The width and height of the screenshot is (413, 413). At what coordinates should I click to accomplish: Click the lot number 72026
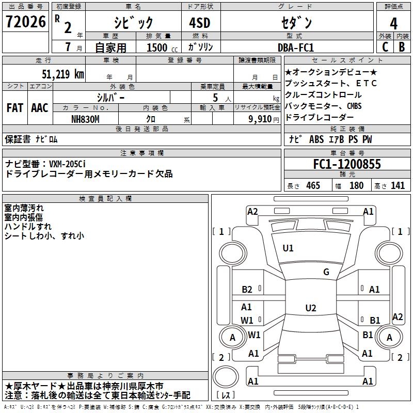[x=25, y=23]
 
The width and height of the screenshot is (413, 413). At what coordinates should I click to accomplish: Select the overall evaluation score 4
[x=393, y=23]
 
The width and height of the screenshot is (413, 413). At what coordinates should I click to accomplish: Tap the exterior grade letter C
[x=385, y=46]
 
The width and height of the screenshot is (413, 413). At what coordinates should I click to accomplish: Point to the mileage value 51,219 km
[x=62, y=74]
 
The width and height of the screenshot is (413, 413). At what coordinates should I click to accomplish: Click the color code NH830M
[x=85, y=119]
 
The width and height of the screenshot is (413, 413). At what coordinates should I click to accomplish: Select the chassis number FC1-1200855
[x=347, y=164]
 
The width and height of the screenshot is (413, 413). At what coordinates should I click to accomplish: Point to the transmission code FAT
[x=15, y=108]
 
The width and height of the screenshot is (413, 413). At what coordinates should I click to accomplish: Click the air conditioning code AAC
[x=40, y=108]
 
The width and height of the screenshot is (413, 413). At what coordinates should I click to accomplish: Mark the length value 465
[x=313, y=185]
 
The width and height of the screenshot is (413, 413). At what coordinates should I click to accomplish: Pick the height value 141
[x=398, y=185]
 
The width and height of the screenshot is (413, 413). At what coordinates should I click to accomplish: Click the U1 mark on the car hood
[x=288, y=248]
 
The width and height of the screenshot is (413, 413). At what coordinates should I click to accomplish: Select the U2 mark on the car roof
[x=310, y=308]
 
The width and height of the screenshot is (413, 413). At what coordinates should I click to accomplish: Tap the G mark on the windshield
[x=326, y=272]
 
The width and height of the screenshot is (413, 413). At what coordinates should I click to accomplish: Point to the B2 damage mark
[x=247, y=290]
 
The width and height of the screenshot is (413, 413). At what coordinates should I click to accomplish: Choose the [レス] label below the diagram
[x=226, y=395]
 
